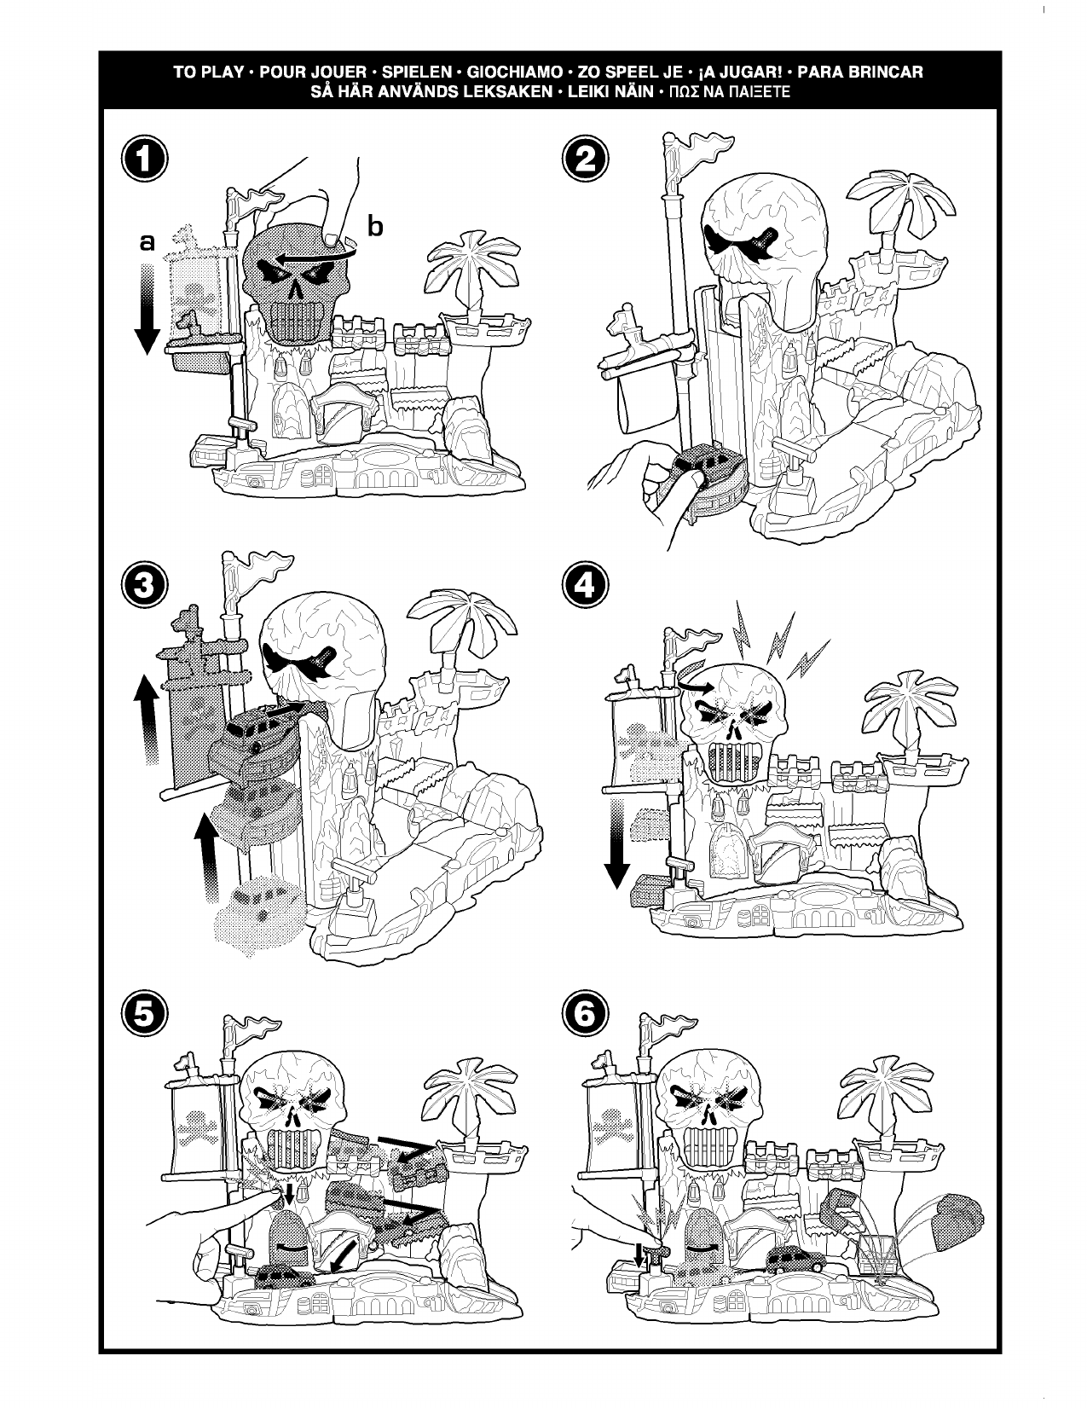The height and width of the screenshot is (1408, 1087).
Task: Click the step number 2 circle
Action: tap(587, 160)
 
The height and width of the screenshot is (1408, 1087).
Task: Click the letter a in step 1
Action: tap(147, 243)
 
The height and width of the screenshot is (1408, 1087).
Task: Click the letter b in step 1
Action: tap(375, 226)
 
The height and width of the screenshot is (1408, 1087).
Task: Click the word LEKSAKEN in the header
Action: tap(505, 91)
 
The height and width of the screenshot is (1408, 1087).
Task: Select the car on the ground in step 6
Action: tap(793, 1260)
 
